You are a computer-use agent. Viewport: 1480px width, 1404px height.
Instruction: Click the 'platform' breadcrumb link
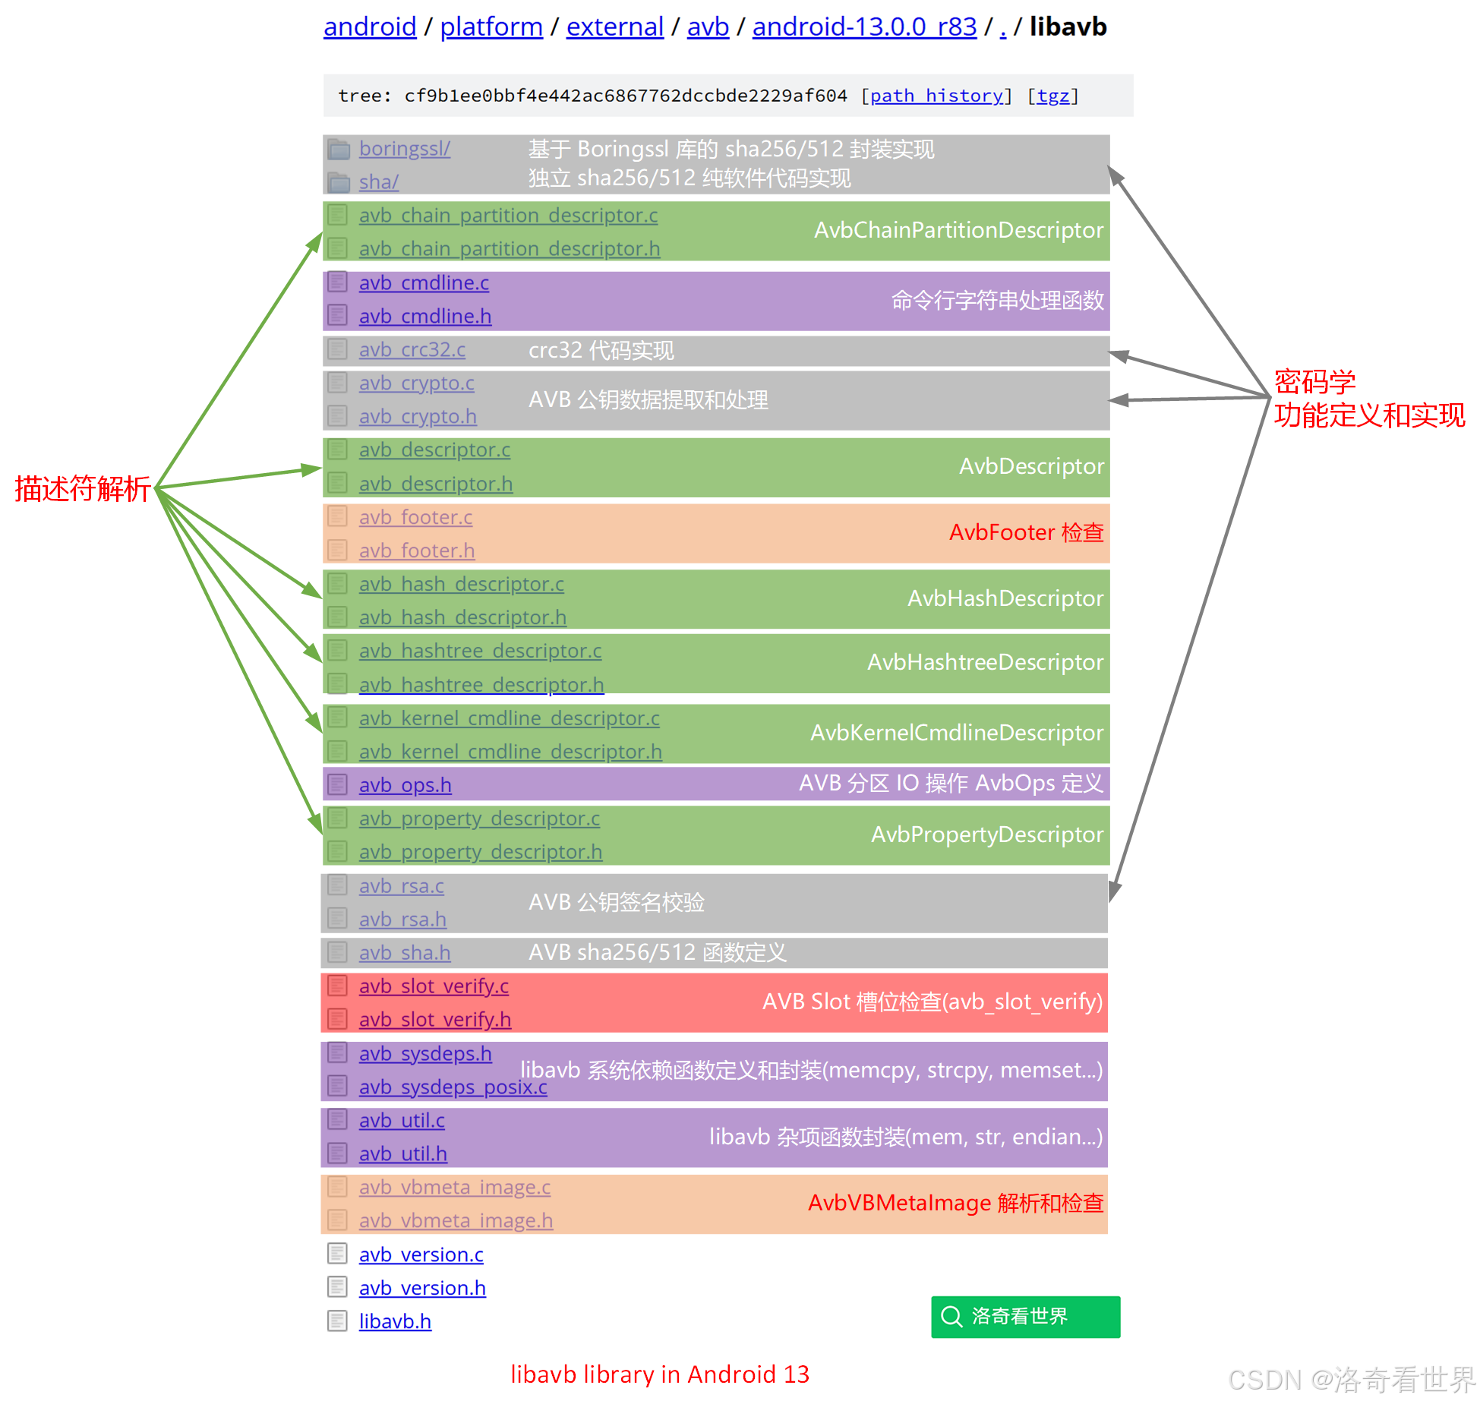[x=491, y=27]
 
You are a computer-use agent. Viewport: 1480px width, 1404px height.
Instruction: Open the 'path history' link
[x=936, y=96]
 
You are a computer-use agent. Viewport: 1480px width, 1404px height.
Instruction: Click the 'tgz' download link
[x=1052, y=96]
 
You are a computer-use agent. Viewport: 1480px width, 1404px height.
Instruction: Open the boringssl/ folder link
[x=404, y=149]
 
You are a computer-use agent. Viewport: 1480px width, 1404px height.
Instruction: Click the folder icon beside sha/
[x=339, y=182]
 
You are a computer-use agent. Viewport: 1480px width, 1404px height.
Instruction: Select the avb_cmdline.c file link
[x=424, y=283]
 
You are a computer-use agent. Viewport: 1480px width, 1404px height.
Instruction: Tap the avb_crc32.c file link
[x=412, y=350]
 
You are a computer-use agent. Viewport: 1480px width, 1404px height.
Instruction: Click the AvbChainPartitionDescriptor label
[x=958, y=230]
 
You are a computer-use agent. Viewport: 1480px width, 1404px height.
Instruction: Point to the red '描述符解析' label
[x=82, y=489]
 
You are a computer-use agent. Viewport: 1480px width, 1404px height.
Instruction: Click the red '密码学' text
[x=1314, y=381]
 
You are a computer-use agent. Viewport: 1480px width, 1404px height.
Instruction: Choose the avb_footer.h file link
[x=416, y=551]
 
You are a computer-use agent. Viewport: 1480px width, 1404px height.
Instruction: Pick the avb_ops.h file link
[x=405, y=785]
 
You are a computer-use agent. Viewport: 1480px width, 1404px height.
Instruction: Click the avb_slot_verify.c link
[x=434, y=986]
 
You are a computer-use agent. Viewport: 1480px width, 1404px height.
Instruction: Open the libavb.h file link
[x=395, y=1322]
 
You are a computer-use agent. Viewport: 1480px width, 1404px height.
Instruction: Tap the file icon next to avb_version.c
[x=337, y=1254]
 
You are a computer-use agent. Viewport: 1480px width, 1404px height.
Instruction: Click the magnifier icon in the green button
[x=951, y=1316]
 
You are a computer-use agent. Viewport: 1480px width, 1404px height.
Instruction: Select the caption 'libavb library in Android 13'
[x=659, y=1374]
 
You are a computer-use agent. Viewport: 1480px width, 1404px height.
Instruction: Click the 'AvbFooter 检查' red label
[x=1026, y=532]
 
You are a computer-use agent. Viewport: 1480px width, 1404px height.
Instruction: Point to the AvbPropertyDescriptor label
[x=986, y=835]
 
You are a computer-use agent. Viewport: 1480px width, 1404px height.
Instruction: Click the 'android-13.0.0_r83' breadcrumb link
[x=864, y=27]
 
